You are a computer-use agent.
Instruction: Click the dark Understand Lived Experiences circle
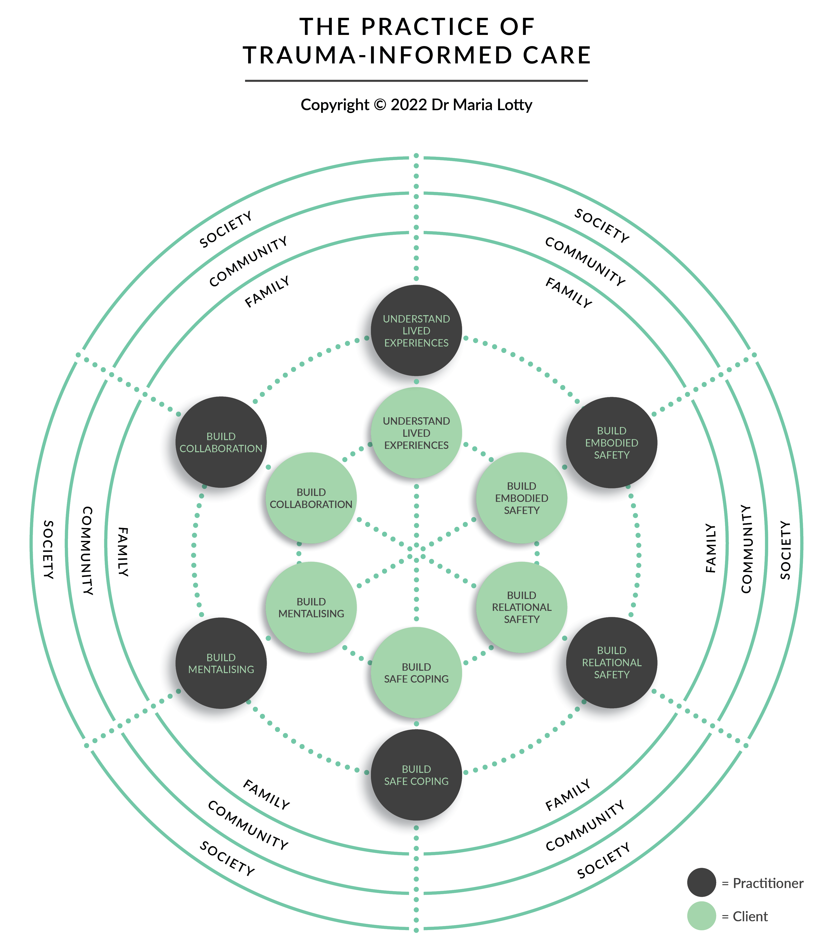pyautogui.click(x=416, y=330)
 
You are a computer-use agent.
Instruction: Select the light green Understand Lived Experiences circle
pyautogui.click(x=416, y=433)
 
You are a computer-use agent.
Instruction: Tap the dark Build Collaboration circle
pyautogui.click(x=221, y=442)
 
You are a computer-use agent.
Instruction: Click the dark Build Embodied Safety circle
pyautogui.click(x=611, y=442)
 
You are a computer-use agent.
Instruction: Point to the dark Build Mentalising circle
pyautogui.click(x=221, y=663)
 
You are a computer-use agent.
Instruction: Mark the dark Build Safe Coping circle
pyautogui.click(x=416, y=775)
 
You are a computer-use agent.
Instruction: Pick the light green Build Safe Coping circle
pyautogui.click(x=416, y=673)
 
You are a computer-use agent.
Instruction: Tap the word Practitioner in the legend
pyautogui.click(x=767, y=883)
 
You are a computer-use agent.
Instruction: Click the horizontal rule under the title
pyautogui.click(x=416, y=81)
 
